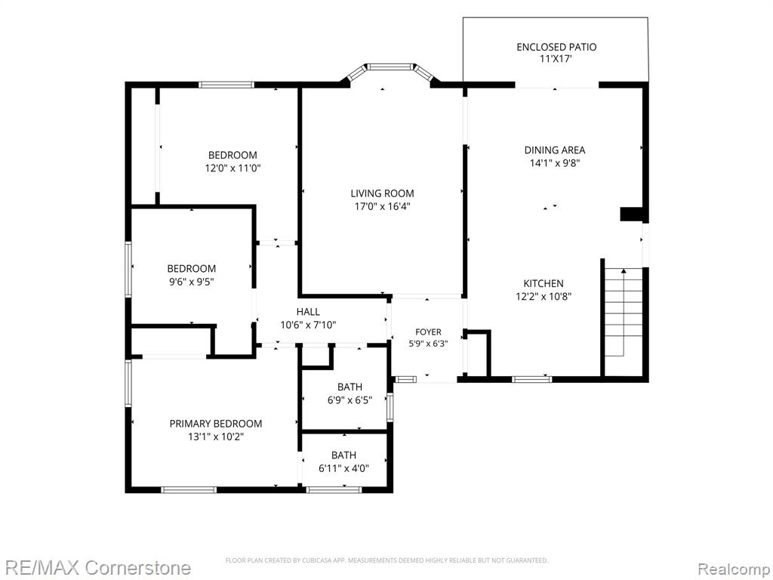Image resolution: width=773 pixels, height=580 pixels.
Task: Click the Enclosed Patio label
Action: [556, 47]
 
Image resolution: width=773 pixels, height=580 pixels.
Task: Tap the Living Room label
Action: [382, 193]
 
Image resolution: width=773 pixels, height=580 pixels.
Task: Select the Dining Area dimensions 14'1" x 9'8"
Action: [555, 163]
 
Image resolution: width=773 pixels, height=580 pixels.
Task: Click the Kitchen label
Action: [544, 283]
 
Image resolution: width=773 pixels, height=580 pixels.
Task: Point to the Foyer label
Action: [428, 332]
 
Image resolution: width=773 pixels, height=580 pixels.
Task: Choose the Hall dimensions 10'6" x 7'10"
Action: [308, 325]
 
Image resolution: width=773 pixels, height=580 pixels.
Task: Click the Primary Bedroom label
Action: [216, 423]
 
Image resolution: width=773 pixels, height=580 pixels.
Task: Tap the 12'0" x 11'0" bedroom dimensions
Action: [233, 168]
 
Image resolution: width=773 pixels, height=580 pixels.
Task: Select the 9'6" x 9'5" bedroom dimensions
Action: [191, 282]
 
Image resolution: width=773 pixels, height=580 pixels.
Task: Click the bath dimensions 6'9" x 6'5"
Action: [350, 400]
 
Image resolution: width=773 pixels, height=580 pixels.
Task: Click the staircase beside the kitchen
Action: [624, 312]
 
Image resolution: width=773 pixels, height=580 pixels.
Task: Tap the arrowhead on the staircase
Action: [624, 270]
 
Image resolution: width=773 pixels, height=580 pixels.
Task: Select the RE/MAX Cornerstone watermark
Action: [96, 568]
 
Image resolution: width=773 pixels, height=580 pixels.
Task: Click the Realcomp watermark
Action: [735, 569]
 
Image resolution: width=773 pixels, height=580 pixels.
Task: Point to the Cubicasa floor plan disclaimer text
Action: [386, 560]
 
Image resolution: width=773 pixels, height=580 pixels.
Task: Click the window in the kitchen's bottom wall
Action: [531, 379]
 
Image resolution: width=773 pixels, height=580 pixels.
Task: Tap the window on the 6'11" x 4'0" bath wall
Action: [334, 489]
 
